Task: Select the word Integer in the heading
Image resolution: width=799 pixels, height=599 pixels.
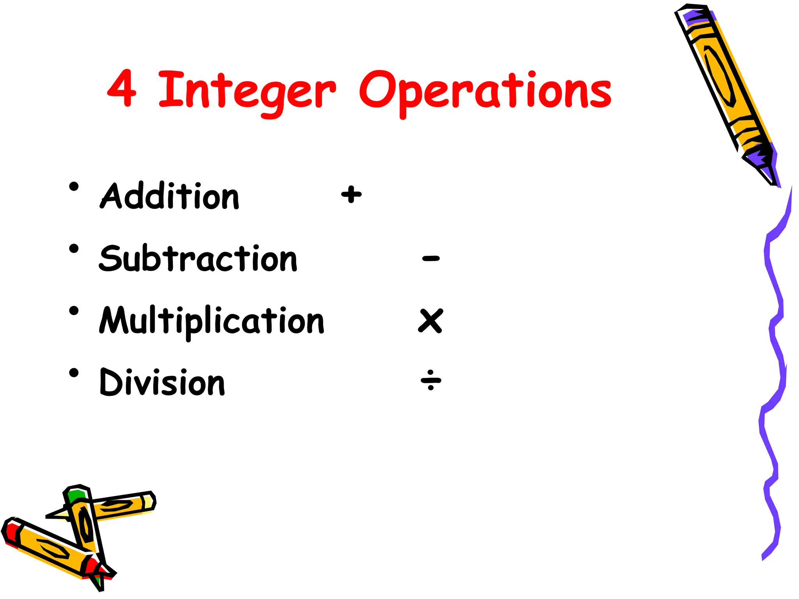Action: point(247,92)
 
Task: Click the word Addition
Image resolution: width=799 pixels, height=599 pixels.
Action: point(170,196)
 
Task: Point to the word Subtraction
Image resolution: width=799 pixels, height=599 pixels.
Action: point(198,258)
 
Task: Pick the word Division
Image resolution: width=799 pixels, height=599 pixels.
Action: point(162,382)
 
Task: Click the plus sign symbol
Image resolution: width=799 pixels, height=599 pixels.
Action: point(352,194)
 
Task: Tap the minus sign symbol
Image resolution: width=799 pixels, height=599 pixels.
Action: point(431,258)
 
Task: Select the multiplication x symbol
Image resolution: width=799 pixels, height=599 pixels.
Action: point(431,321)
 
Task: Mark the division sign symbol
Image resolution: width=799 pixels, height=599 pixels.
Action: point(431,379)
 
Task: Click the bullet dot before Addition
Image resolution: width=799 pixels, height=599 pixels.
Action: point(74,186)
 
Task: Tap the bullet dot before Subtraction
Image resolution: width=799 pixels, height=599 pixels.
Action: point(74,249)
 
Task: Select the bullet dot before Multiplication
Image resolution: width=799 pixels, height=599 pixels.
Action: point(74,311)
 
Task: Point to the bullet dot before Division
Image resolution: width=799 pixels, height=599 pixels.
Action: point(74,373)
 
